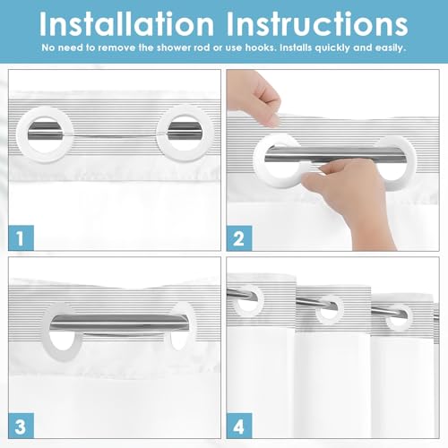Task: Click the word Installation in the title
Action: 126,24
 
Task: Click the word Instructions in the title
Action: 317,24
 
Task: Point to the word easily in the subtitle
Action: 391,48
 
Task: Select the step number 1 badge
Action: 21,237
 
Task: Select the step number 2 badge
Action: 239,238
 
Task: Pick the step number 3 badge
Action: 21,426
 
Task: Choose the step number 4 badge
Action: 239,426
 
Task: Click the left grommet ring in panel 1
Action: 22,134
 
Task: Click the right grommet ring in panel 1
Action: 161,134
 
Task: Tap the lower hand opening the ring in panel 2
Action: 352,194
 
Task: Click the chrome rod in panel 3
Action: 119,322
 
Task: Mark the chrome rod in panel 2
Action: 335,154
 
